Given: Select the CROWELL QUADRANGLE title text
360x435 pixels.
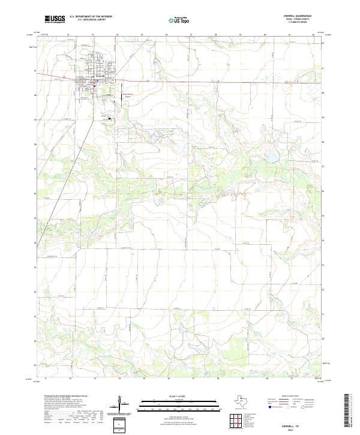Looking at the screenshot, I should point(302,16).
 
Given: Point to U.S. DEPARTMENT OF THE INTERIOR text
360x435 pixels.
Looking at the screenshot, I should point(90,16).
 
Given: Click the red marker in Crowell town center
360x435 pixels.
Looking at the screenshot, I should point(95,86).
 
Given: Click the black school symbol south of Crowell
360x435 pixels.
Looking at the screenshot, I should point(110,119).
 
